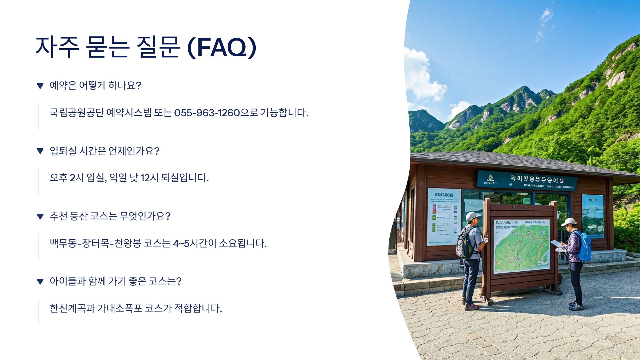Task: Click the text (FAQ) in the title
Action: [x=222, y=47]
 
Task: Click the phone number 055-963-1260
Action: [x=207, y=113]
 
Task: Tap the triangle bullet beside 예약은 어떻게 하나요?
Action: [x=40, y=86]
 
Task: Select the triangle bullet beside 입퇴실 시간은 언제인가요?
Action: [x=40, y=151]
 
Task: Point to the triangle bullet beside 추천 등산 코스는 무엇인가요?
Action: [x=40, y=217]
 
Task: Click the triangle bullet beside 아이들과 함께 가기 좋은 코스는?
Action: [x=40, y=282]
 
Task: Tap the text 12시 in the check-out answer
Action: [x=149, y=178]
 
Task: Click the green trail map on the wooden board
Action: [x=521, y=247]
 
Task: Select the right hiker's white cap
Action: [x=569, y=221]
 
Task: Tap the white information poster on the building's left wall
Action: [x=444, y=216]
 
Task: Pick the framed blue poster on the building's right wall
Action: [x=593, y=216]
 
